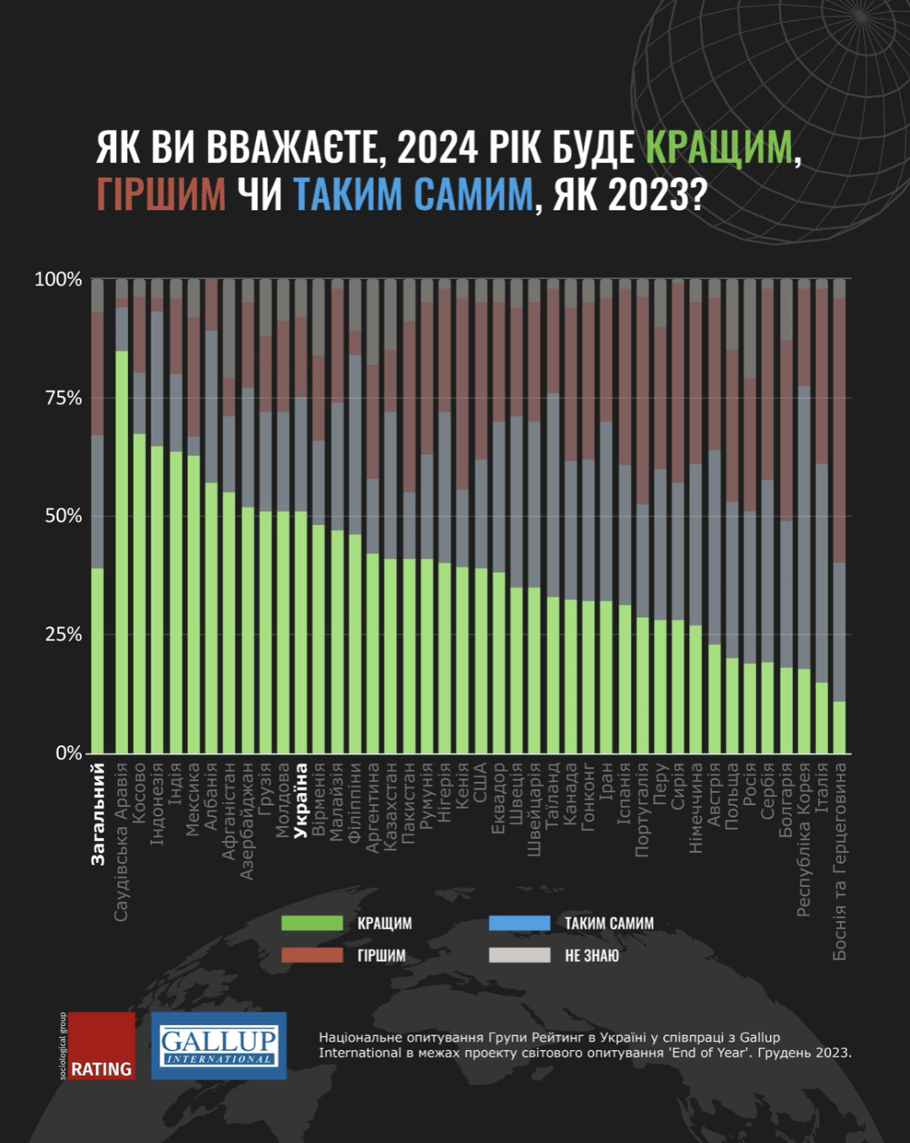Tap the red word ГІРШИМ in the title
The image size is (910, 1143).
coord(161,194)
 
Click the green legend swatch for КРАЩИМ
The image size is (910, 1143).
coord(312,923)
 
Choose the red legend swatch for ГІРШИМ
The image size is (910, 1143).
coord(312,955)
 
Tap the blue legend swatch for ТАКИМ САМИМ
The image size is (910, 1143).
coord(519,923)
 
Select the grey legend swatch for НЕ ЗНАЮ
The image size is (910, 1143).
coord(519,955)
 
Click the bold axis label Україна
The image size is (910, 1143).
coord(301,801)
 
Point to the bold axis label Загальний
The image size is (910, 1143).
coord(98,813)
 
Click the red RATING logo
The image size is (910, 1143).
coord(100,1046)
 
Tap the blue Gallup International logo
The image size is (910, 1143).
coord(218,1046)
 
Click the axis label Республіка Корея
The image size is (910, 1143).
coord(803,840)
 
